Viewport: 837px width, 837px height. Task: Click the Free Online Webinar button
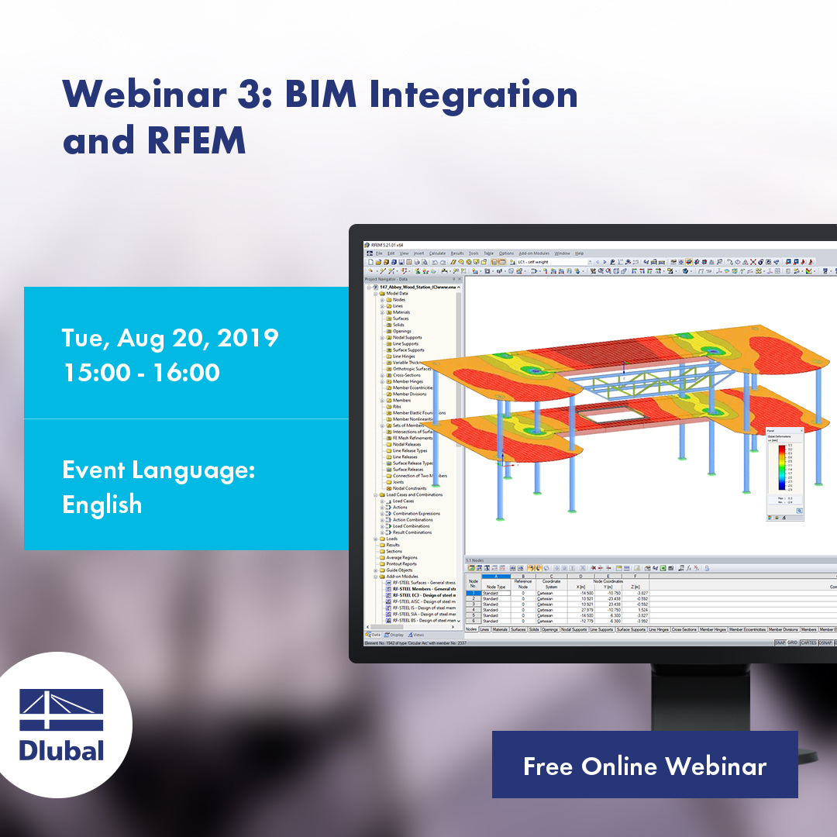[x=644, y=766]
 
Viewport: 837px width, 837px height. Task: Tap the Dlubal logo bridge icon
[x=61, y=710]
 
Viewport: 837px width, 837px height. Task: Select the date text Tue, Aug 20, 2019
[x=170, y=338]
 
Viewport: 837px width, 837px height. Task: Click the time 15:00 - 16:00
[x=141, y=372]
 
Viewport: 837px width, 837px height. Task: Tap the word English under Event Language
[x=102, y=505]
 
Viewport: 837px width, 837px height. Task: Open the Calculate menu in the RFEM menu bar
[x=437, y=253]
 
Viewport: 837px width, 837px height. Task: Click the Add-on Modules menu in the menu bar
[x=534, y=253]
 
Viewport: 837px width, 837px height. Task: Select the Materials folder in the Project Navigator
[x=401, y=312]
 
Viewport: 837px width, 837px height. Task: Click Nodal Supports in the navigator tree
[x=407, y=337]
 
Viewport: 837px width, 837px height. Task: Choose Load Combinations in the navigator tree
[x=412, y=526]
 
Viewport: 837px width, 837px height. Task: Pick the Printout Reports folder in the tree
[x=401, y=563]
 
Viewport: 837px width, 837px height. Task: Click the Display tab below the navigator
[x=397, y=635]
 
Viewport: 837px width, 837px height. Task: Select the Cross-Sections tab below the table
[x=684, y=629]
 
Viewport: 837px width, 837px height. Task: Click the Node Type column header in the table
[x=494, y=587]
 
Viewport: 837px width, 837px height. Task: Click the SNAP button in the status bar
[x=779, y=642]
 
